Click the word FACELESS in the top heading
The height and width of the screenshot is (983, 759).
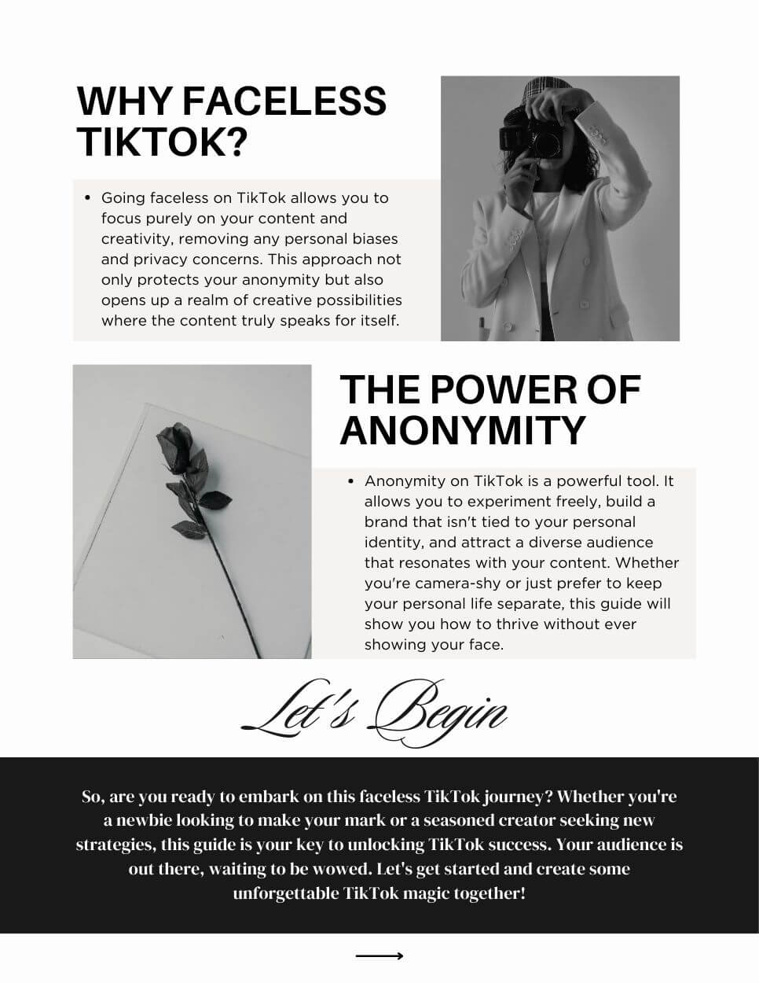[x=284, y=101]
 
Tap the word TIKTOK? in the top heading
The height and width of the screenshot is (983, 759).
[x=162, y=142]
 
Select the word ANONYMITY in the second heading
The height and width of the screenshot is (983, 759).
[x=463, y=429]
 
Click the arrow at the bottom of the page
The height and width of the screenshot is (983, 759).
[x=379, y=956]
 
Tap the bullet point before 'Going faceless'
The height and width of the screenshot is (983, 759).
[x=87, y=197]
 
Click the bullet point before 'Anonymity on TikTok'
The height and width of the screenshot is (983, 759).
[x=350, y=480]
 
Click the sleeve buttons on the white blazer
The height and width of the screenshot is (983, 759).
[x=600, y=136]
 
